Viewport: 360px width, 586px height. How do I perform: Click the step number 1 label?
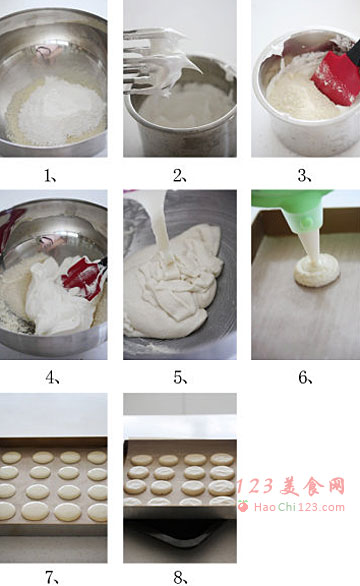pos(50,175)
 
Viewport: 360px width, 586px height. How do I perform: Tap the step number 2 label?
pos(179,175)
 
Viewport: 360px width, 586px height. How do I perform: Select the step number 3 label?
pos(304,175)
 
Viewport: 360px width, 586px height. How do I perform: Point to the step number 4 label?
pos(52,378)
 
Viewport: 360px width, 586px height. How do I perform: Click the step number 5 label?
pos(180,378)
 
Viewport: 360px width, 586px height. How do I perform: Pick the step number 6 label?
pos(305,378)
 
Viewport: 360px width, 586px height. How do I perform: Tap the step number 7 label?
pos(52,577)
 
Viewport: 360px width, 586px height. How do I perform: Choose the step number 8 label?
pos(180,577)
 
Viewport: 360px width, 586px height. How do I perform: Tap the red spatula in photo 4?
pos(83,278)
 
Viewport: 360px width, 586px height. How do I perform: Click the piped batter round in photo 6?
pos(317,271)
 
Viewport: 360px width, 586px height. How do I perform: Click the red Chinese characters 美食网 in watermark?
pos(312,487)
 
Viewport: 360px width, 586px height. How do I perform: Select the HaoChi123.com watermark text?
pos(299,507)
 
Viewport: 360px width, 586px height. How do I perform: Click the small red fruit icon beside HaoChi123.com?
pos(243,506)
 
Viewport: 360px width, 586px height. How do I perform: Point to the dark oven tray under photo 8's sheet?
pos(179,533)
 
